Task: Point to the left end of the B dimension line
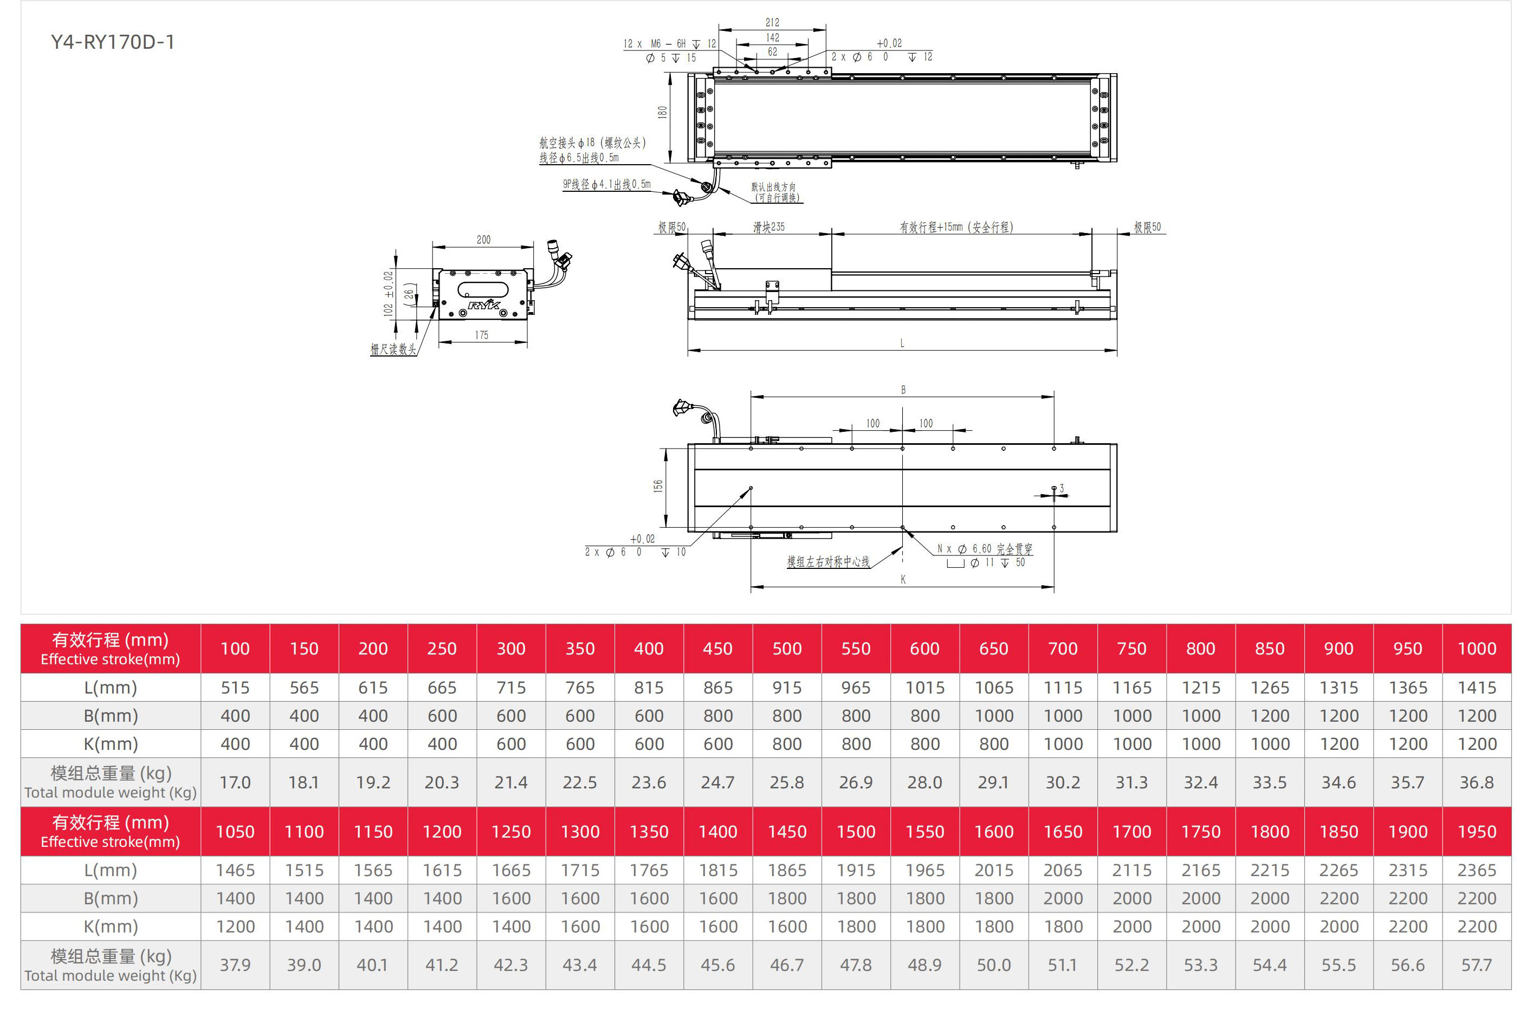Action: (751, 396)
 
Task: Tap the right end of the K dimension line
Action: (1054, 587)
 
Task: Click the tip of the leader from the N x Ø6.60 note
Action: (903, 529)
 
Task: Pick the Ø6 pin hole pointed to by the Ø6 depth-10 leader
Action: (751, 488)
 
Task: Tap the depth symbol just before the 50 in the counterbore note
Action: (1005, 563)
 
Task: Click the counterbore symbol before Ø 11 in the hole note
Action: (955, 563)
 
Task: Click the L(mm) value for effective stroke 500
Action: (787, 688)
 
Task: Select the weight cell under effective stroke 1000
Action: (1477, 782)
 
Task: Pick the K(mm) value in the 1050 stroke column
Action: (235, 926)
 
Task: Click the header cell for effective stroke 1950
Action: (1477, 832)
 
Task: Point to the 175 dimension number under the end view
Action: (481, 335)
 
